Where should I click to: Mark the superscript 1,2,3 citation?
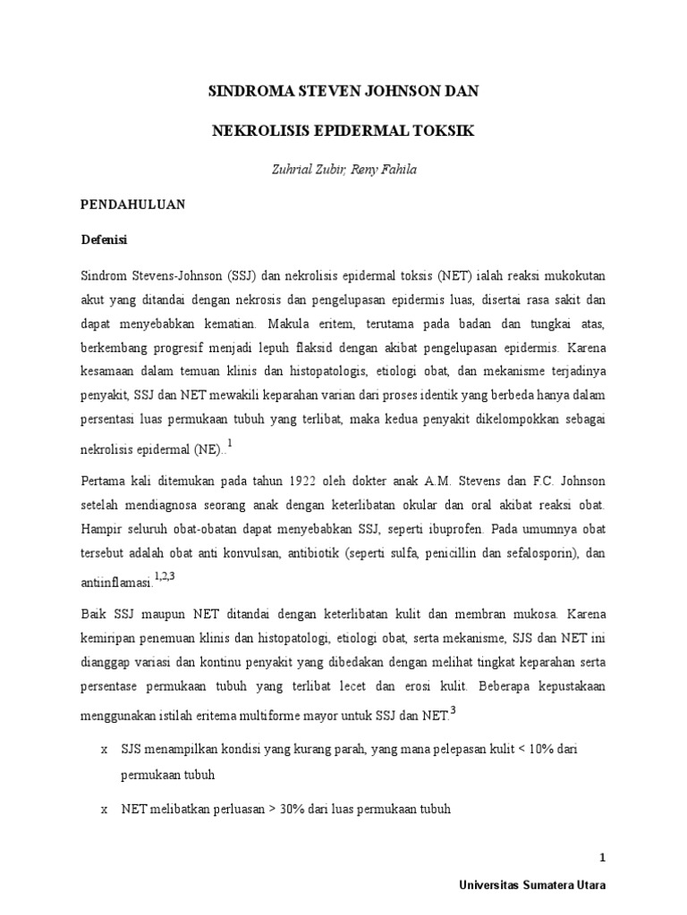point(164,576)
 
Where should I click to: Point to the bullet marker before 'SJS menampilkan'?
point(105,750)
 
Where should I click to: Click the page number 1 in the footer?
point(603,858)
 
